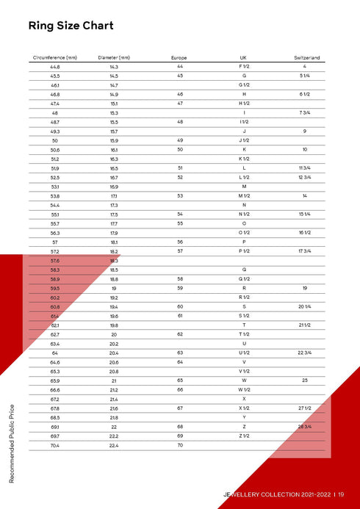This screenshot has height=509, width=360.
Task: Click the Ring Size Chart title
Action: (71, 26)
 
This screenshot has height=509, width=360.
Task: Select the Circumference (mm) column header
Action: (55, 57)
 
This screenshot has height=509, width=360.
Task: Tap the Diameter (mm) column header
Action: (114, 57)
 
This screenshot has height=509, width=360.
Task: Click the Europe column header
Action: (179, 57)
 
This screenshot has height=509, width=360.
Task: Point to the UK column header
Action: (243, 57)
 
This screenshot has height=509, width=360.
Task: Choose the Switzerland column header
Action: (306, 57)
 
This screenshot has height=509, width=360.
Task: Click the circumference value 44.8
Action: (55, 67)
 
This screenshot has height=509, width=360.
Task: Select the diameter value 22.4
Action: (114, 445)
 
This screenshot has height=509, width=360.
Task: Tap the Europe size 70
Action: (179, 445)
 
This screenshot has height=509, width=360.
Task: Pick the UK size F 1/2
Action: (243, 67)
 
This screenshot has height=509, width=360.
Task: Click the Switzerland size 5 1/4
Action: (304, 76)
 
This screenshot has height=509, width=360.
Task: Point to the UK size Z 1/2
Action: (244, 436)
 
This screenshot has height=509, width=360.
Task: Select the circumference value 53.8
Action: (55, 196)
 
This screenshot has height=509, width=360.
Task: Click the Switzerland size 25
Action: (304, 380)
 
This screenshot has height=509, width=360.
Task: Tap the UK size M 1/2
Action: (244, 196)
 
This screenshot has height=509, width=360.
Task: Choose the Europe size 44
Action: (179, 67)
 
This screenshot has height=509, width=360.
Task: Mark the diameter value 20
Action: (114, 334)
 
